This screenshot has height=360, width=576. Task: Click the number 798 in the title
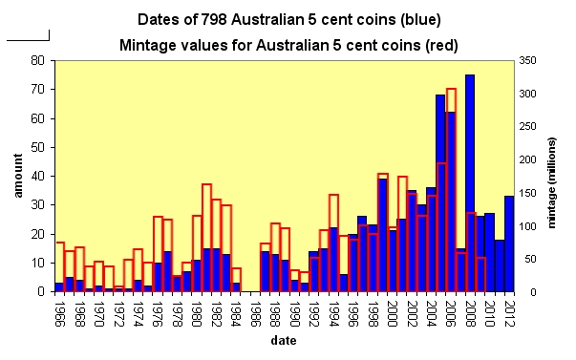click(214, 19)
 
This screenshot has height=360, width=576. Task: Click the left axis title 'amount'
click(18, 176)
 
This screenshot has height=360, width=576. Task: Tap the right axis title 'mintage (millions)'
click(551, 183)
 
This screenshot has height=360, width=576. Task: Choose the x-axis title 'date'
click(284, 341)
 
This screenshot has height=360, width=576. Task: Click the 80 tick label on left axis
click(38, 60)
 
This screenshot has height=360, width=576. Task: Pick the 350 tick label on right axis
click(527, 60)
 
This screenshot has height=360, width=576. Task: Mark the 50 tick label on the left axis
click(38, 147)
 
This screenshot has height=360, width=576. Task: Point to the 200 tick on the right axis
click(527, 159)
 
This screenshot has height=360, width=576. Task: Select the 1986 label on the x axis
click(255, 314)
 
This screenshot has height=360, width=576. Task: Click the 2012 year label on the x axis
click(509, 314)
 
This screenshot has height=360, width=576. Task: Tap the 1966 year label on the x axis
click(59, 314)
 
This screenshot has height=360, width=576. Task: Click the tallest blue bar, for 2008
click(470, 183)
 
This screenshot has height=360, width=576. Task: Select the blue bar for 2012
click(509, 244)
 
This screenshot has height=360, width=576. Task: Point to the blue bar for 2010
click(489, 252)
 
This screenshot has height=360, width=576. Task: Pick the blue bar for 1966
click(59, 287)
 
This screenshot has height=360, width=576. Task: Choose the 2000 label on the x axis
click(392, 314)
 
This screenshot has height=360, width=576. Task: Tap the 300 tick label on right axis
click(527, 94)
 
